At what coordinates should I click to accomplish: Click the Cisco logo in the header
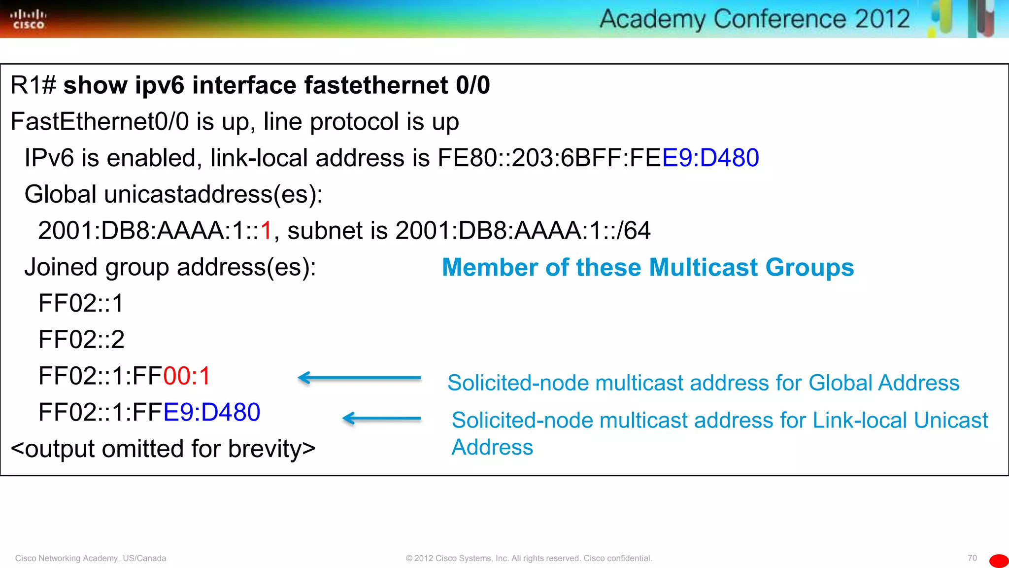(28, 19)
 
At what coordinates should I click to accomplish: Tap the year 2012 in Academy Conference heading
(882, 19)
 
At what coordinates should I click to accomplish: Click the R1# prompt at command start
(33, 85)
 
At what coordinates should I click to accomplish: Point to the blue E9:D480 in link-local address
(710, 158)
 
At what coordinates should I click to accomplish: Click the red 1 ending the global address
(266, 231)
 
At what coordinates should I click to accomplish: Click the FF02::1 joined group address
(81, 303)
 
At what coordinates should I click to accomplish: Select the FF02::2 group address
(81, 340)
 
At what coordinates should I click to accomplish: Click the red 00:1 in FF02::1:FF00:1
(187, 376)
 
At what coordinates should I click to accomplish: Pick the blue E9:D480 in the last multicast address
(211, 412)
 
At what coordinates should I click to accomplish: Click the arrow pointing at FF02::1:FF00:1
(359, 378)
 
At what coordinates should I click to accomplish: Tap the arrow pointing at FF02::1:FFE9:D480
(381, 419)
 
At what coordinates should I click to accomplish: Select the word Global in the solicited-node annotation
(840, 383)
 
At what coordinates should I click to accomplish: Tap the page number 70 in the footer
(972, 558)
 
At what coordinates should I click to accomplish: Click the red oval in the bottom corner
(999, 561)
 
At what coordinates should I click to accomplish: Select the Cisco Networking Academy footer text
(91, 558)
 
